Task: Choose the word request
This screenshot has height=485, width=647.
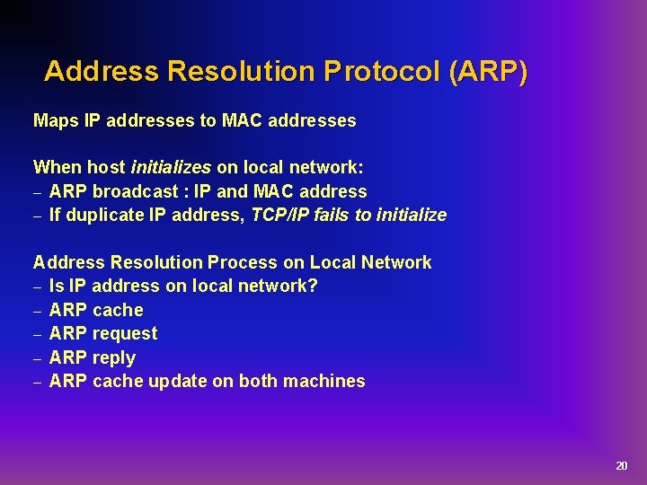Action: click(125, 333)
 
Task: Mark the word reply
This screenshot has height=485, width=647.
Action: click(114, 357)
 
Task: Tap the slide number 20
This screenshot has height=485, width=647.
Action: click(621, 465)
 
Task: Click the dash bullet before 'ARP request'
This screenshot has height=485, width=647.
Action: click(38, 334)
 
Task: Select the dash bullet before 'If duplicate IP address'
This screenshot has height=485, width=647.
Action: click(38, 216)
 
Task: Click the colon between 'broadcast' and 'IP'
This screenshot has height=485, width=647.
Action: click(184, 192)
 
